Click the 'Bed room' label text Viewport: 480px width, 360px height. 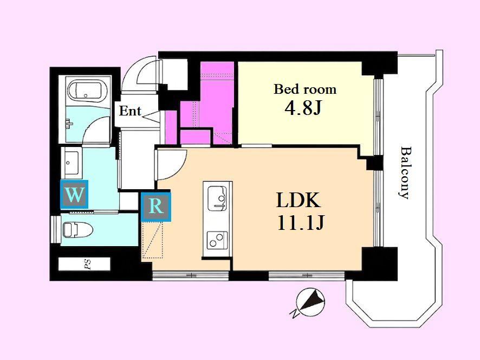point(305,89)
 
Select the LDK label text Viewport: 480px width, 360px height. point(298,200)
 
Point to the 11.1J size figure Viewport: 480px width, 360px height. point(300,222)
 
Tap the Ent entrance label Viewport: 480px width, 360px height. point(130,111)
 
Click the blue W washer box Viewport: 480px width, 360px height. point(75,194)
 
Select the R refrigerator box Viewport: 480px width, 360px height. point(156,206)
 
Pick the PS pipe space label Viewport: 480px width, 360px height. point(88,264)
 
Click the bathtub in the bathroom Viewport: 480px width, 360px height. point(85,91)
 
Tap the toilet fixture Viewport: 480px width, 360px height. point(77,230)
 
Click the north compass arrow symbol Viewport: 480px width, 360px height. point(310,302)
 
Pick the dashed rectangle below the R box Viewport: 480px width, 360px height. point(152,240)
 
